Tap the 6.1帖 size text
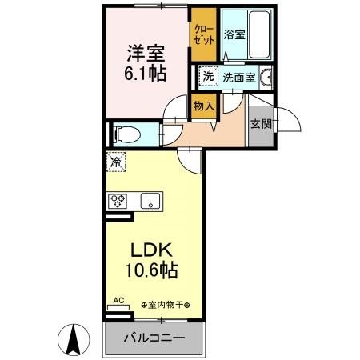tap(145, 73)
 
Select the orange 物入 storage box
tap(204, 105)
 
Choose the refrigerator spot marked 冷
tap(117, 162)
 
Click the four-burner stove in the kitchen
tap(119, 201)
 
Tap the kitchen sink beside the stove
tap(150, 201)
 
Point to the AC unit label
tap(118, 300)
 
